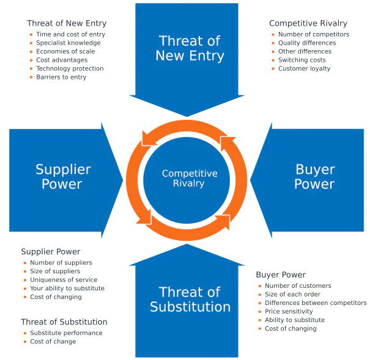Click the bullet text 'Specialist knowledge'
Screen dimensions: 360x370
(x=68, y=43)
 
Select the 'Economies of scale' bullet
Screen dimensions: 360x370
(x=65, y=52)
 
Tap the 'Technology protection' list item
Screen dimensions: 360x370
(x=70, y=69)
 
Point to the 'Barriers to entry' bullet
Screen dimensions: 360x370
(x=61, y=78)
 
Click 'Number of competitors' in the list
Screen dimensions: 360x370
(x=314, y=35)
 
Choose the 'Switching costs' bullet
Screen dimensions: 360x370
(x=302, y=61)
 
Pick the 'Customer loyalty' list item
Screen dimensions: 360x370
(x=304, y=69)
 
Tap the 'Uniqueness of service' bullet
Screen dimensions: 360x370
(x=64, y=280)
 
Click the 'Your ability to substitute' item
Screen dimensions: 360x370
(x=67, y=288)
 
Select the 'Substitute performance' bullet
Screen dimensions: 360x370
(x=66, y=333)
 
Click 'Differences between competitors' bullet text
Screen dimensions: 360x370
(x=316, y=303)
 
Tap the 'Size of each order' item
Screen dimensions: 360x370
(x=292, y=295)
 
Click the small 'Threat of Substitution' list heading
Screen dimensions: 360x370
(x=64, y=322)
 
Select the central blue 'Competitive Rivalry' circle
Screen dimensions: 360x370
(x=190, y=178)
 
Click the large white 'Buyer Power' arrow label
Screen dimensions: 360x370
(x=314, y=177)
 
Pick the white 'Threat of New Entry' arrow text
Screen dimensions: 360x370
(x=190, y=49)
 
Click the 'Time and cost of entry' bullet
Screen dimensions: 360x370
(x=70, y=35)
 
